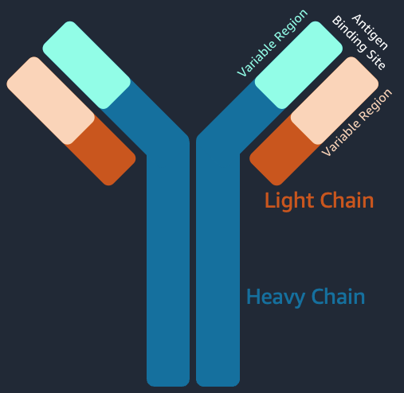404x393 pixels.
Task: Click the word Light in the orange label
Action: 289,201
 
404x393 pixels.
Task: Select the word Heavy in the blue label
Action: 276,298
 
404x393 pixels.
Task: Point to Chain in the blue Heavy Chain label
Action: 338,296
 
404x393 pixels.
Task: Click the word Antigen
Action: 370,32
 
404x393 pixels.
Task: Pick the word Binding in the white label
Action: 351,33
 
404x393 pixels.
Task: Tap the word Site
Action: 375,60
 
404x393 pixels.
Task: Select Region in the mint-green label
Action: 292,25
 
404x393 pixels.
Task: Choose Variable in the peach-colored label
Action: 341,137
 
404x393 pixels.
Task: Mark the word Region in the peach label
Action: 375,104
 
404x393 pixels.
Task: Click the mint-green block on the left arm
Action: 87,65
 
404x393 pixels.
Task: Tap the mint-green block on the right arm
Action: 299,65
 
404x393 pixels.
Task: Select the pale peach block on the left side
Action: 51,101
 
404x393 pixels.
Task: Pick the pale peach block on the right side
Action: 335,101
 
